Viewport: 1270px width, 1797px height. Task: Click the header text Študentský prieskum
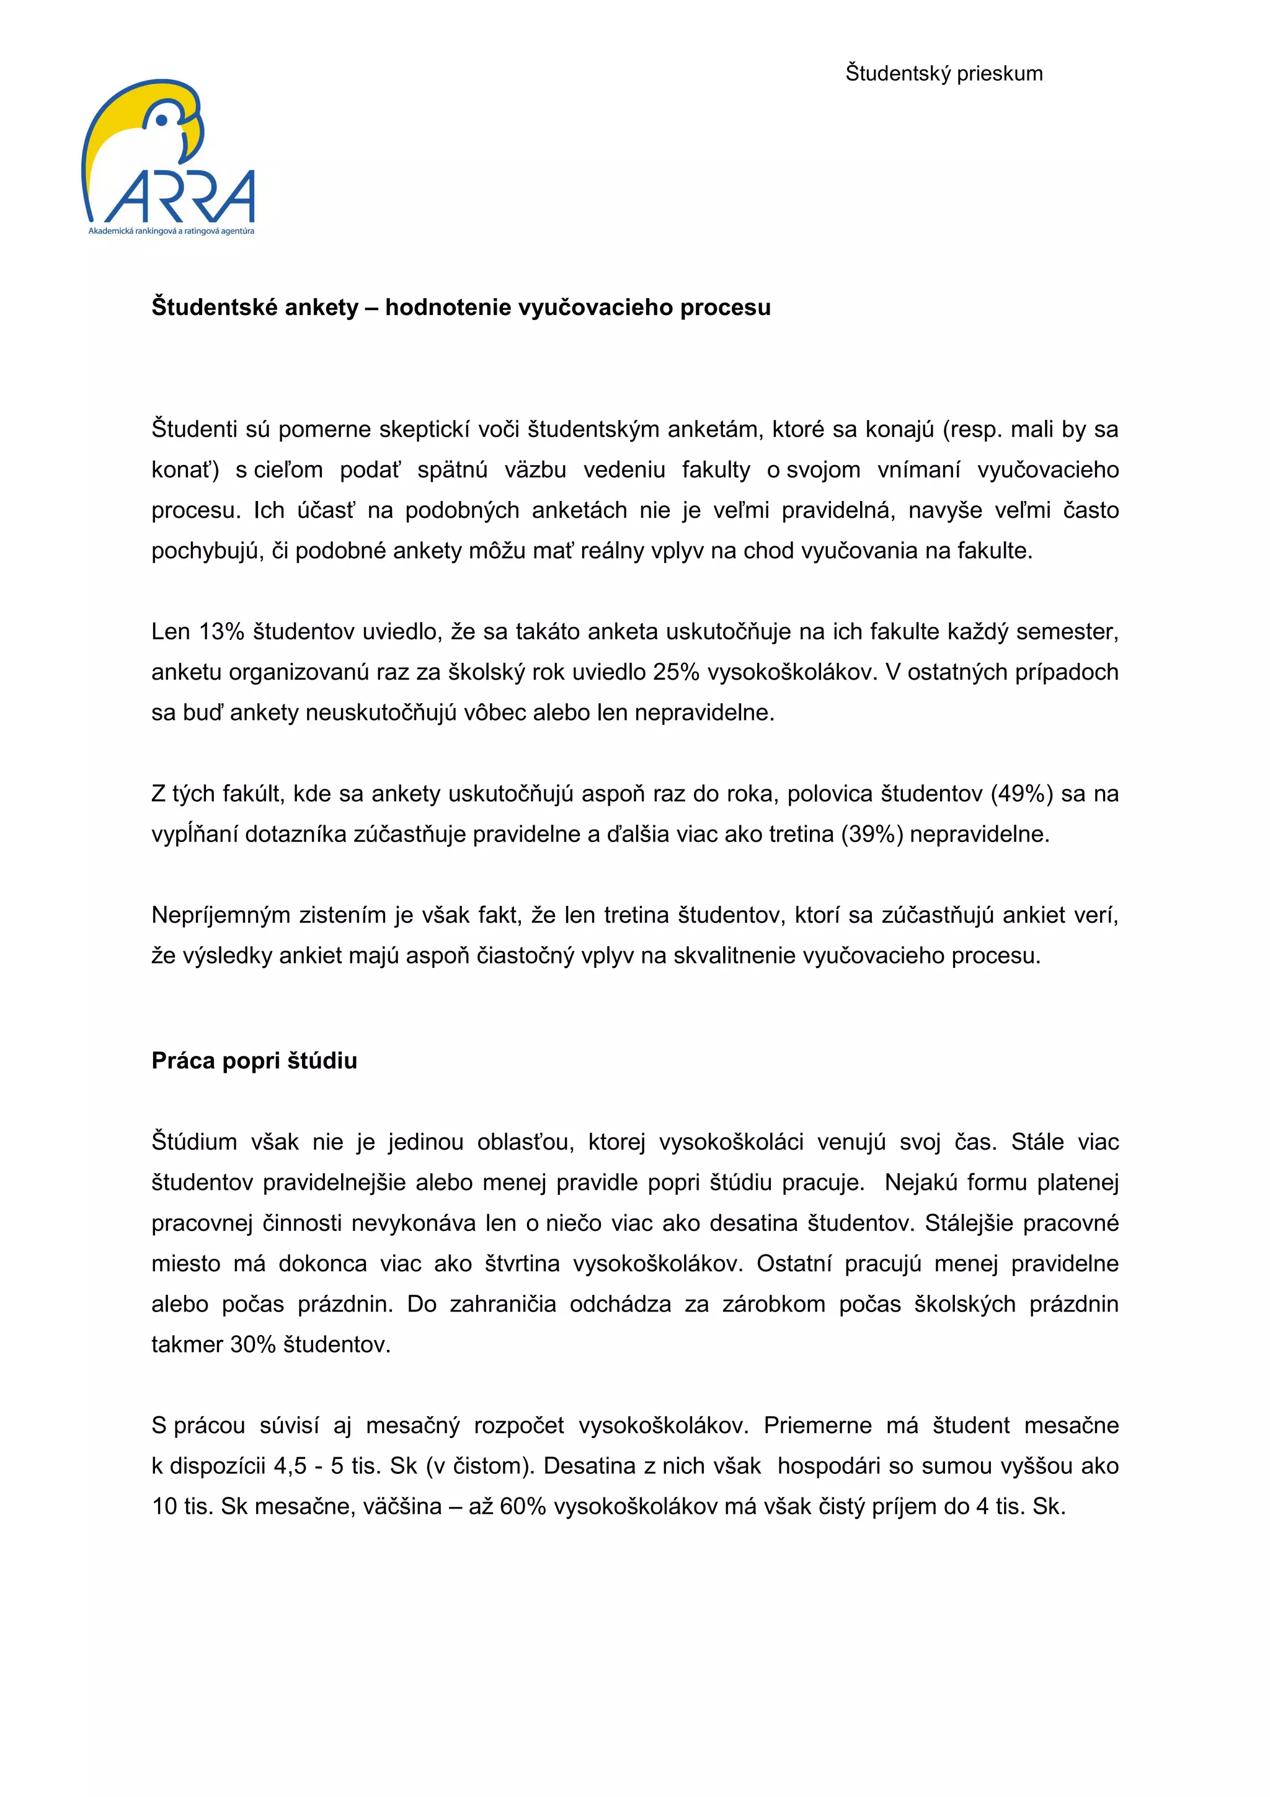[943, 74]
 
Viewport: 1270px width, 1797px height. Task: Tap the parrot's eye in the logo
[162, 120]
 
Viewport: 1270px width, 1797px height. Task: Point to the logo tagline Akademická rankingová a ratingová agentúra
[171, 232]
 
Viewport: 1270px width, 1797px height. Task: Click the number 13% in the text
[221, 632]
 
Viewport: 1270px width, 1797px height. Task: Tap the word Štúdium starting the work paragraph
[194, 1142]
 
